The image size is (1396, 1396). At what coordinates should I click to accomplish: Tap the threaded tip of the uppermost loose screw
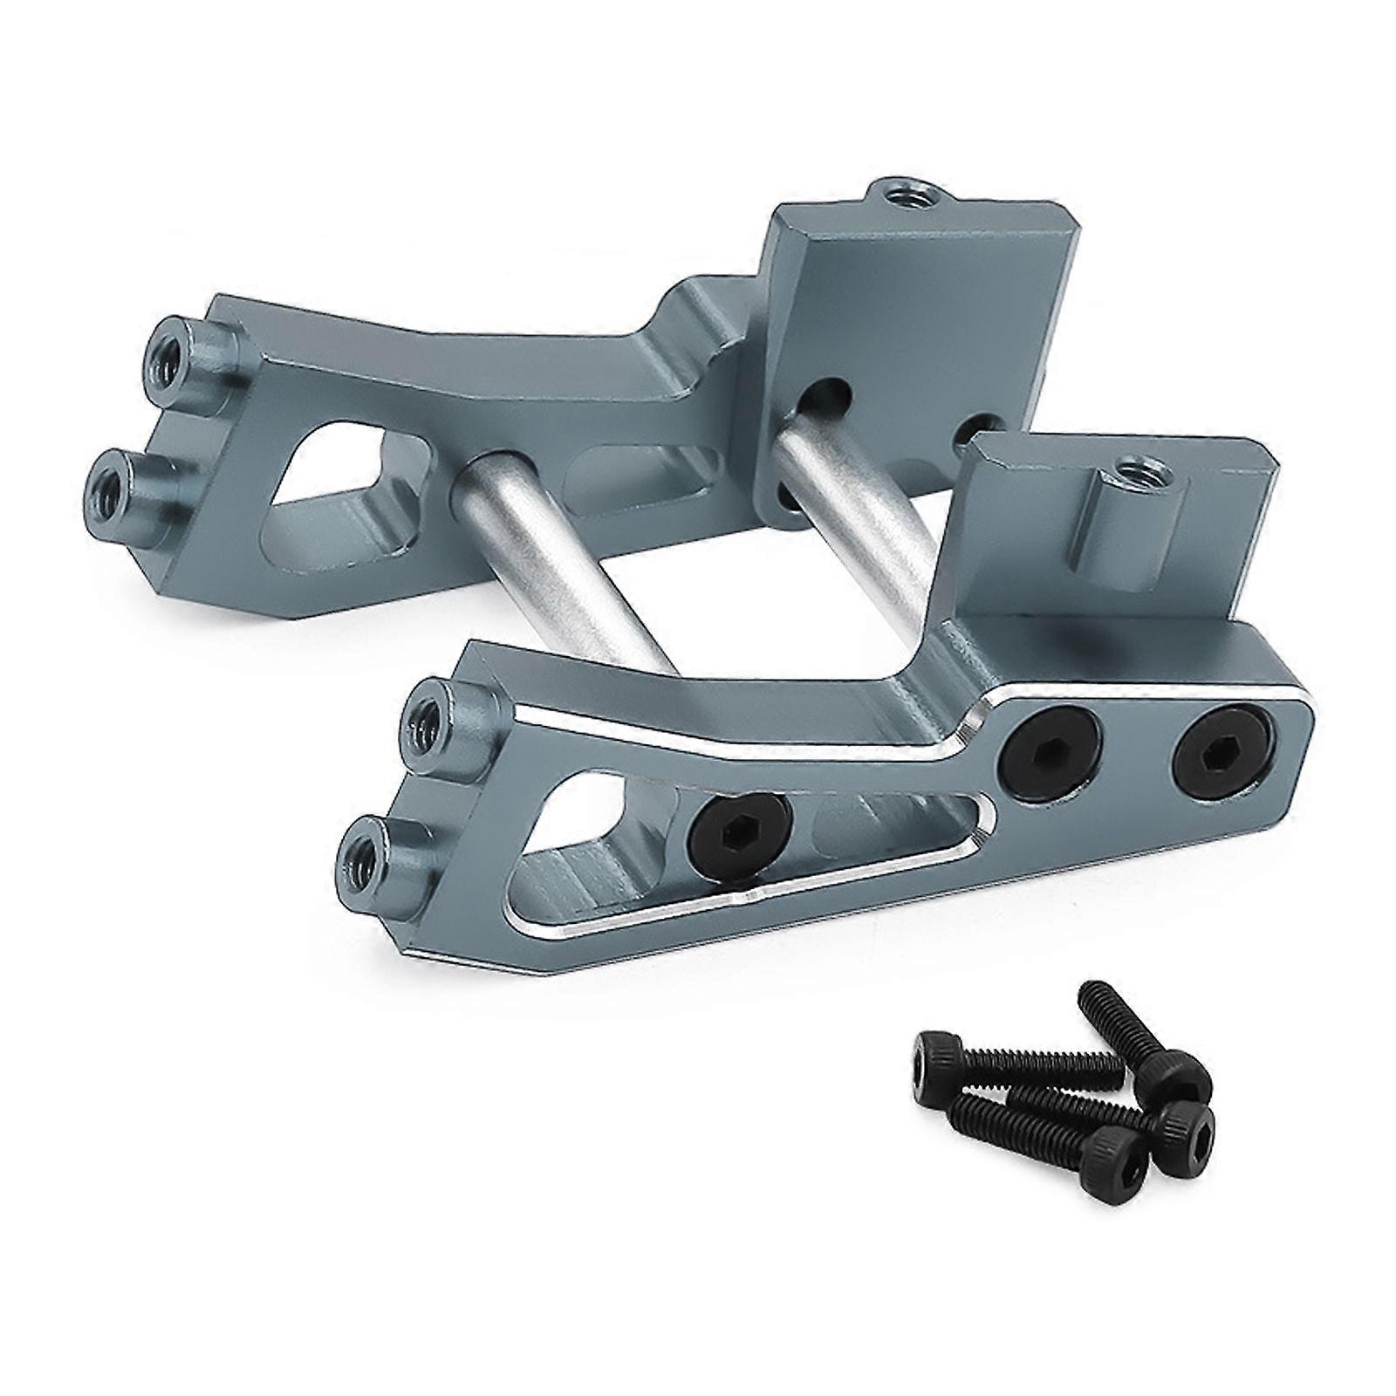pyautogui.click(x=1090, y=994)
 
